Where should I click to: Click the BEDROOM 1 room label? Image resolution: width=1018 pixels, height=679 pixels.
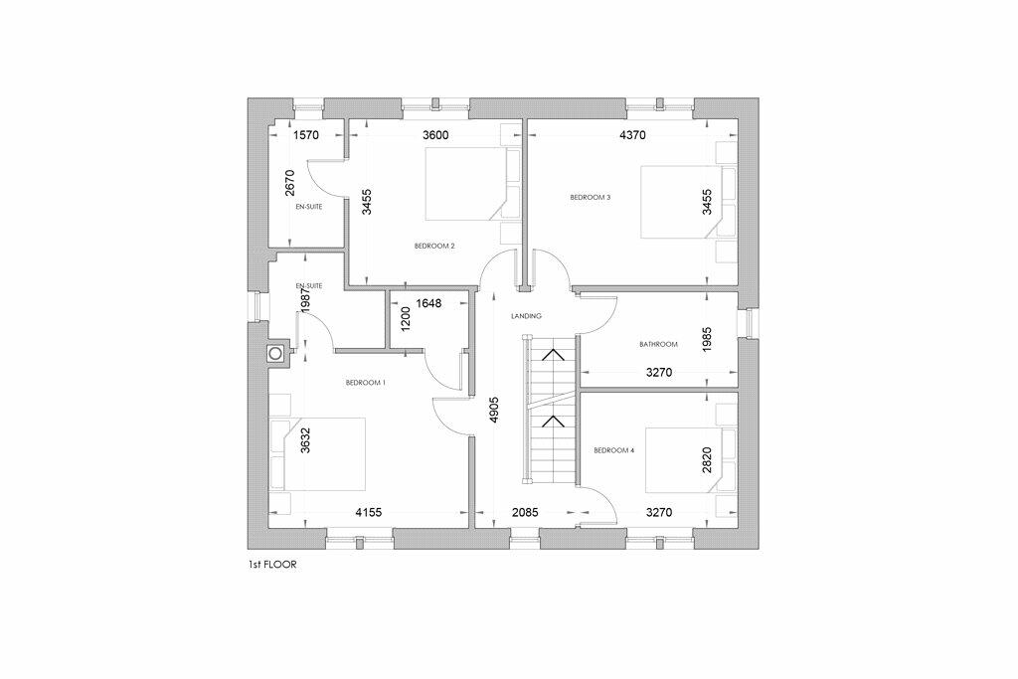[x=366, y=383]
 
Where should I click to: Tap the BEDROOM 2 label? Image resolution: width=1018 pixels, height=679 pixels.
[x=434, y=246]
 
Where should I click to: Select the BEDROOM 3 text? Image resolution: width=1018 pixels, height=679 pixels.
[x=591, y=198]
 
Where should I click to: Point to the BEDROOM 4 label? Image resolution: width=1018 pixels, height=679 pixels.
[x=614, y=450]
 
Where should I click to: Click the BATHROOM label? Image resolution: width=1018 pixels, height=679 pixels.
[x=658, y=345]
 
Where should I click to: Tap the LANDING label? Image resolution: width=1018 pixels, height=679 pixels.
[x=526, y=316]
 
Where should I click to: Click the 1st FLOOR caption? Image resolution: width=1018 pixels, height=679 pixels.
[x=272, y=565]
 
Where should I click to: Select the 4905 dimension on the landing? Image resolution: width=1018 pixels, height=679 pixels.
[x=494, y=411]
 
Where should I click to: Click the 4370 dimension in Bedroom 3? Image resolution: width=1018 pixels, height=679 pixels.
[x=633, y=135]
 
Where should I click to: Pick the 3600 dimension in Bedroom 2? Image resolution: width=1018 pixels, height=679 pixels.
[x=435, y=135]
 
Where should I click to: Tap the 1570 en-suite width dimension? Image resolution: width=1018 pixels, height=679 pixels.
[x=306, y=135]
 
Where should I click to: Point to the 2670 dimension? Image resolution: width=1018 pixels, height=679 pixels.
[x=290, y=182]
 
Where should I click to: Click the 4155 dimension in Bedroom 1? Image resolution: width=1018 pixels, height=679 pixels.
[x=368, y=513]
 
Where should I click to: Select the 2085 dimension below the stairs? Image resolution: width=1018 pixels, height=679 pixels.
[x=525, y=513]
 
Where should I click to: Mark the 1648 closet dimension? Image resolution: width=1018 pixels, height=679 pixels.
[x=428, y=303]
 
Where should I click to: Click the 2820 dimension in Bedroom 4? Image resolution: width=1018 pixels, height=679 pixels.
[x=707, y=460]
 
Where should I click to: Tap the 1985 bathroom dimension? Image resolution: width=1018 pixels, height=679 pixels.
[x=707, y=340]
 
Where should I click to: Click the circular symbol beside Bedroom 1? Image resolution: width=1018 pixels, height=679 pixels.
[x=275, y=354]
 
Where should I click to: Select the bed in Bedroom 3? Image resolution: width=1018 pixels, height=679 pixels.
[x=688, y=202]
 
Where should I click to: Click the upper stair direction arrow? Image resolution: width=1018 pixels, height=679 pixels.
[x=553, y=355]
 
